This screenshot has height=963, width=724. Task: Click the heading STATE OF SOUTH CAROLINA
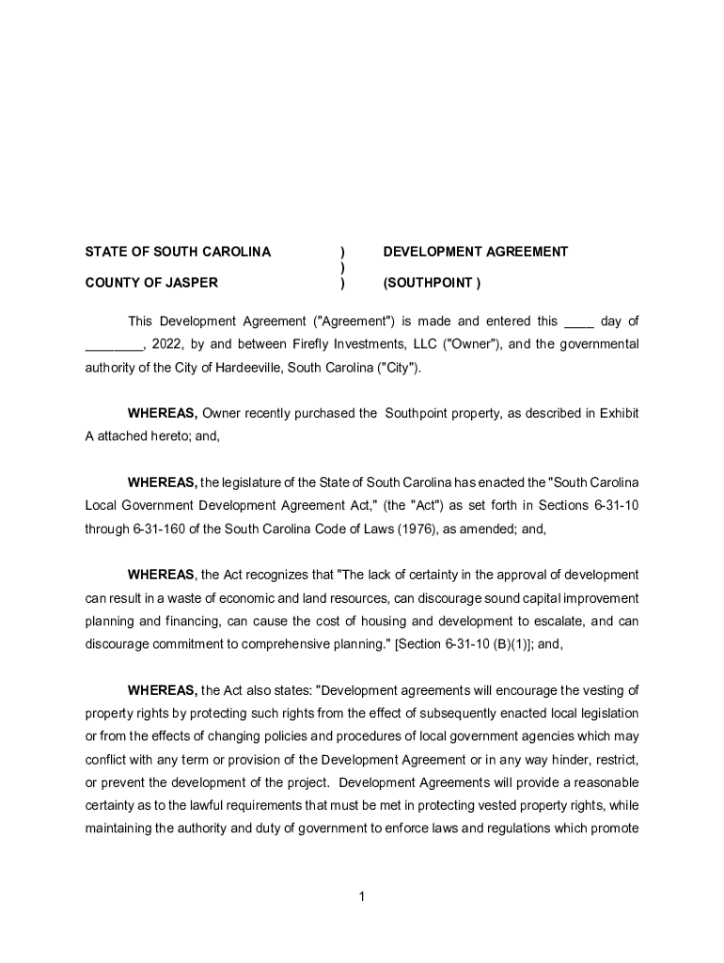click(178, 252)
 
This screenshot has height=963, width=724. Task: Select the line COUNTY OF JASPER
click(151, 282)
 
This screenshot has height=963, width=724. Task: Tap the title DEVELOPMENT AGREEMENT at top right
click(475, 252)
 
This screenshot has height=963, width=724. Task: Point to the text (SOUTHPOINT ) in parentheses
click(432, 282)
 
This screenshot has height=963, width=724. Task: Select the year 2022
click(166, 344)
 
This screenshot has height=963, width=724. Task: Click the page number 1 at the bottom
click(362, 897)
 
